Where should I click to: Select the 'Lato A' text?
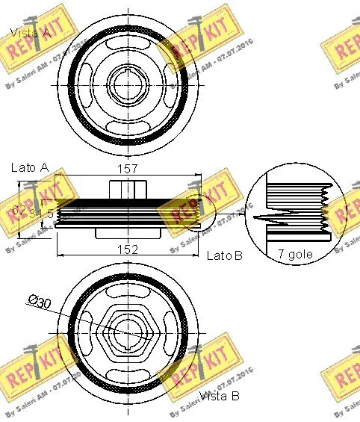tap(29, 168)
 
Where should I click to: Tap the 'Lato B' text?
tap(224, 256)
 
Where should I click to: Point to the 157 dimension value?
tap(128, 170)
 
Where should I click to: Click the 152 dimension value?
tap(128, 249)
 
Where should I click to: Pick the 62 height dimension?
tap(19, 211)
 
